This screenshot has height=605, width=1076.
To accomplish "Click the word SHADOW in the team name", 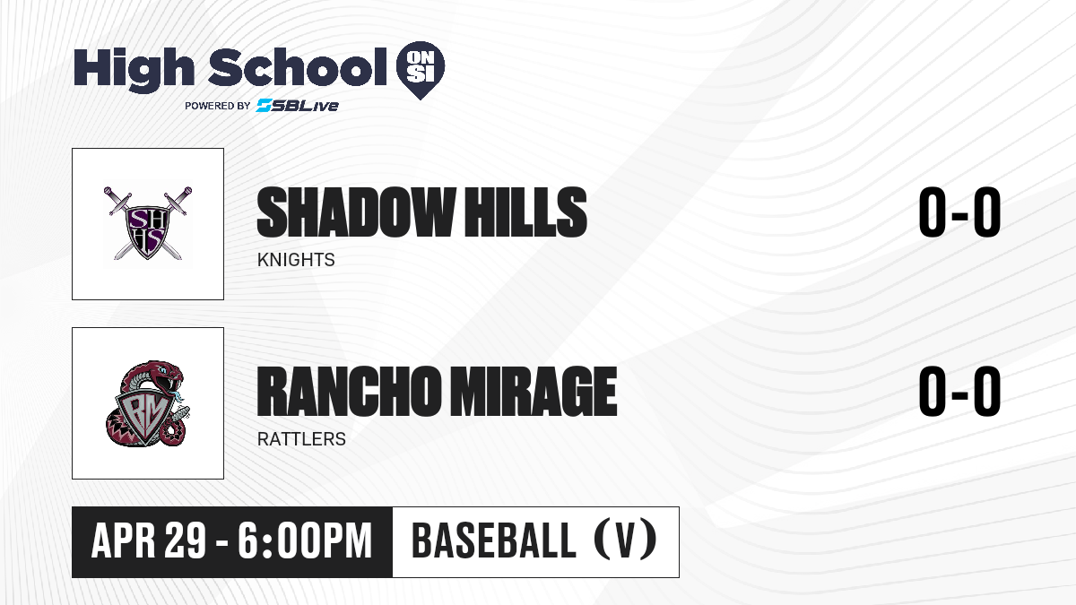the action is (x=356, y=212).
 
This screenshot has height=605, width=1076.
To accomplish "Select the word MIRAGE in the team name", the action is (x=534, y=392).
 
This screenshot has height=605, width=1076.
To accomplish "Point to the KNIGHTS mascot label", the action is (x=296, y=260).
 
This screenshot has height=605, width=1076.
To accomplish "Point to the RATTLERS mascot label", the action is (x=301, y=439).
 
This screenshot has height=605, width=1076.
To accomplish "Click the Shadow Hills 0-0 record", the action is (x=959, y=212).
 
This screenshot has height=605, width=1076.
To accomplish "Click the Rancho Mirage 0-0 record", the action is (x=959, y=392).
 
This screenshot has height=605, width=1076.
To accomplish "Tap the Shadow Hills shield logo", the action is (x=147, y=223).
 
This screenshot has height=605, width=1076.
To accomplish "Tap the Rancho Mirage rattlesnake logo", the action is (x=147, y=403).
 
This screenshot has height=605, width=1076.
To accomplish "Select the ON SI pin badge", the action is (x=421, y=70).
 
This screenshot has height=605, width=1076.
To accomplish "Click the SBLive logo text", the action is (x=297, y=106).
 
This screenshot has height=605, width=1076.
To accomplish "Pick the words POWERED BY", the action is (x=217, y=106).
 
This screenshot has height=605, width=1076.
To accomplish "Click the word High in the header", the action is (x=134, y=70).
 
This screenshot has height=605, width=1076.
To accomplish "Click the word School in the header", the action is (x=298, y=67).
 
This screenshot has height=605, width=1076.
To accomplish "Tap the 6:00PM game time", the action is (x=305, y=541).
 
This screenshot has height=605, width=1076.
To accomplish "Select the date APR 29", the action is (x=149, y=541).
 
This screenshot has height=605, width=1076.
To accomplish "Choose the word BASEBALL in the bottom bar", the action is (x=494, y=541).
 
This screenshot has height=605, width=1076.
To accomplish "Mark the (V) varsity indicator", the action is (x=625, y=541).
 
